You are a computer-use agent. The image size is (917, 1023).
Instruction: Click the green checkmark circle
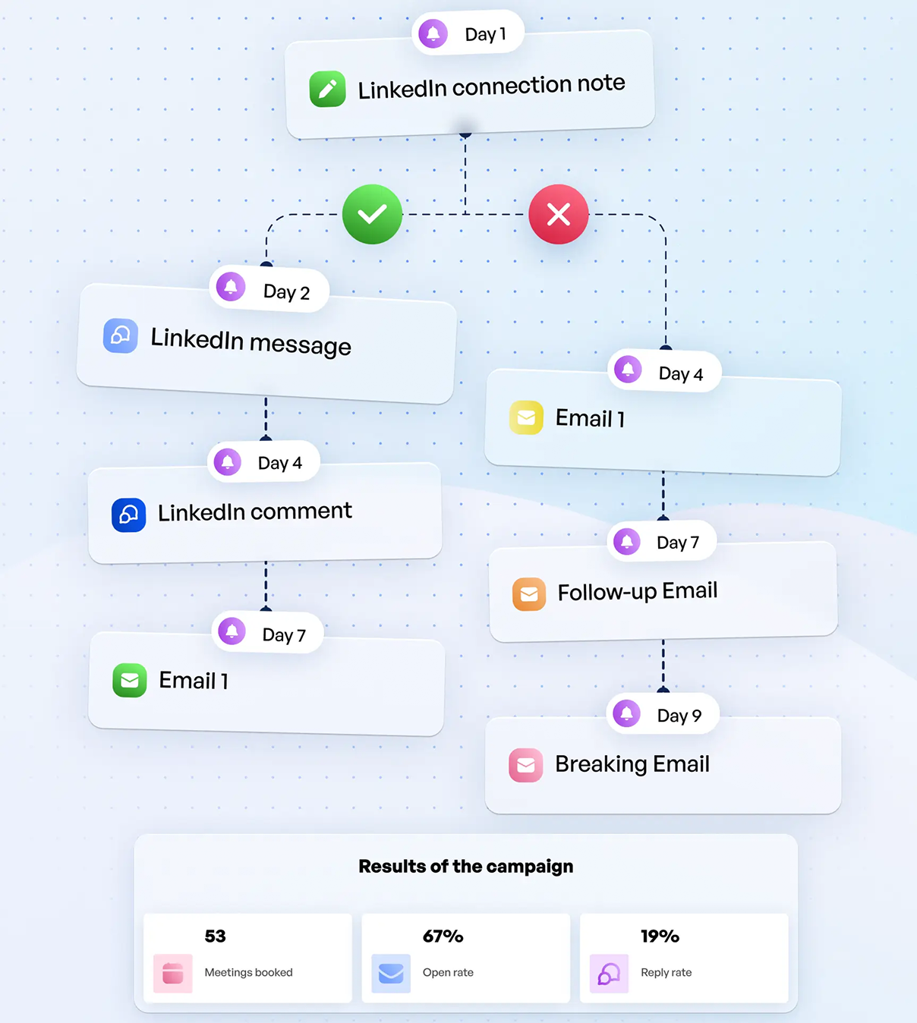pos(372,214)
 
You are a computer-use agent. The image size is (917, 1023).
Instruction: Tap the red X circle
pos(559,214)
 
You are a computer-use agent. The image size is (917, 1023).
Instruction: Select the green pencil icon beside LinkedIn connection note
pos(328,90)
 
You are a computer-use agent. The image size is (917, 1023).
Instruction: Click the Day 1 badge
pos(468,33)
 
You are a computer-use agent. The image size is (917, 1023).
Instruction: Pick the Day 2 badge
pos(269,289)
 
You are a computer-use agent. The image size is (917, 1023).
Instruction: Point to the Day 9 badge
pos(663,714)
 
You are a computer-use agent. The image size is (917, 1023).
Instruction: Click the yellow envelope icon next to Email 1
pos(526,417)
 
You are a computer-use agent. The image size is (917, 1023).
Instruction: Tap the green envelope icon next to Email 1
pos(130,680)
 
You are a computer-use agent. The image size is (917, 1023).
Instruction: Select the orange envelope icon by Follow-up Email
pos(529,594)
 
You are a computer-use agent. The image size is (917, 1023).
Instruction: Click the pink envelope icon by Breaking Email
pos(526,765)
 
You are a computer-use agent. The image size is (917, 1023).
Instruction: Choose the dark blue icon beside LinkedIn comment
pos(129,515)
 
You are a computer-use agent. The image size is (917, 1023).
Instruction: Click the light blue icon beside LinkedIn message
pos(121,335)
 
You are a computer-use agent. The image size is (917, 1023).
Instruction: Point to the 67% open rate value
pos(443,936)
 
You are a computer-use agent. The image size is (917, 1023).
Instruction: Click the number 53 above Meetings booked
pos(215,936)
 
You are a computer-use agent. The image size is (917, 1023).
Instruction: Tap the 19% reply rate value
pos(660,936)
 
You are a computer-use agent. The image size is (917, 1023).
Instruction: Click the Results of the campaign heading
pos(465,866)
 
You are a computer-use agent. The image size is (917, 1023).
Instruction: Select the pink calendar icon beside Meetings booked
pos(173,974)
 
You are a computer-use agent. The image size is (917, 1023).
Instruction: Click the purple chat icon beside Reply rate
pos(609,974)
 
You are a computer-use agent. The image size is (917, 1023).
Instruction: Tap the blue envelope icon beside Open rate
pos(391,974)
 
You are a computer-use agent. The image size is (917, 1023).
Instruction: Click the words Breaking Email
pos(632,763)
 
